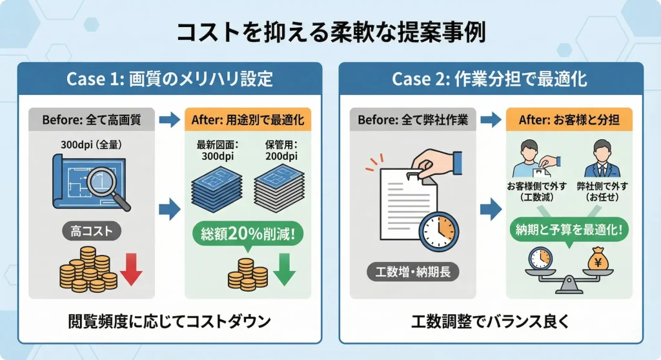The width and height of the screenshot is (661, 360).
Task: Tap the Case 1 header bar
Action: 170,79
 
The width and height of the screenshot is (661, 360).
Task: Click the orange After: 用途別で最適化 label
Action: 248,119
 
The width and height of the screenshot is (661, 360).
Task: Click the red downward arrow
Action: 131,270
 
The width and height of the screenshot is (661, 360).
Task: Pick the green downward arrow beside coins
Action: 283,270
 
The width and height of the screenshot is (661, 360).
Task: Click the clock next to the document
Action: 438,230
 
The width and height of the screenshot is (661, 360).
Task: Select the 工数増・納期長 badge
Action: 413,272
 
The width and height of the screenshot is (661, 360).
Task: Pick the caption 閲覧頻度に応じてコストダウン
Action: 169,321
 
